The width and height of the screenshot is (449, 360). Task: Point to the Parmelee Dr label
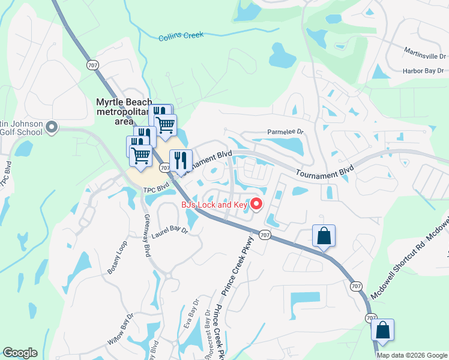[x=286, y=132]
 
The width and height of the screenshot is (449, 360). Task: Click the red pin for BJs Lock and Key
[x=256, y=204]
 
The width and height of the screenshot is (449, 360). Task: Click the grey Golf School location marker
[x=51, y=126]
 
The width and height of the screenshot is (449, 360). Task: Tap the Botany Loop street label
[x=118, y=258]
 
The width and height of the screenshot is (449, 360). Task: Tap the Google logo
[x=20, y=353]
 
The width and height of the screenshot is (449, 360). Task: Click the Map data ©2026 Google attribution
[x=412, y=355]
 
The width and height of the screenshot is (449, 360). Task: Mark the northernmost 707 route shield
[x=92, y=65]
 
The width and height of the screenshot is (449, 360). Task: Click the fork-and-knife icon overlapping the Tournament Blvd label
[x=180, y=161]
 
